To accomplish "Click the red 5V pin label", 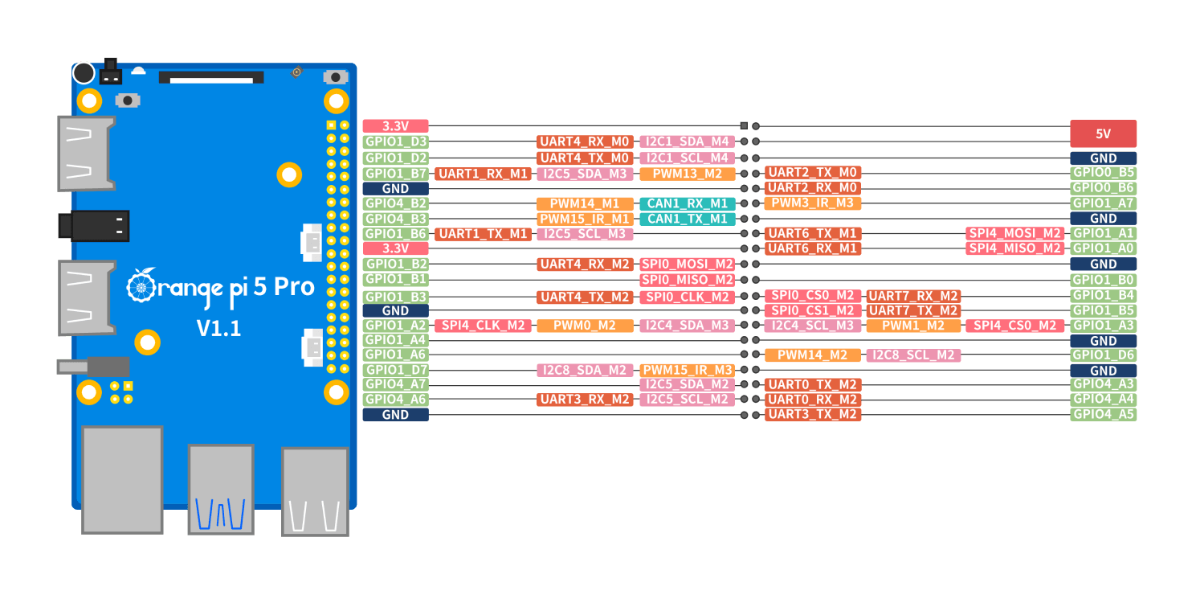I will pyautogui.click(x=1103, y=133).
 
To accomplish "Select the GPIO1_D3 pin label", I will pyautogui.click(x=395, y=142).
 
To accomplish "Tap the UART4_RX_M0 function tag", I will pyautogui.click(x=585, y=142).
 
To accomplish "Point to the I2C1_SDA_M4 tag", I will pyautogui.click(x=687, y=142).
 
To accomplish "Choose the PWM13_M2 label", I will pyautogui.click(x=687, y=174).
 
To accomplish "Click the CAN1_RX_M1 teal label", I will pyautogui.click(x=687, y=203).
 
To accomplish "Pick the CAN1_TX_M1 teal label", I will pyautogui.click(x=687, y=219).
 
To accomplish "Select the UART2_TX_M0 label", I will pyautogui.click(x=812, y=173).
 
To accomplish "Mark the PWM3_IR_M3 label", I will pyautogui.click(x=812, y=203).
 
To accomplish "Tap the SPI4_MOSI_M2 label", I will pyautogui.click(x=1014, y=233).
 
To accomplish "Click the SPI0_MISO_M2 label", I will pyautogui.click(x=687, y=280).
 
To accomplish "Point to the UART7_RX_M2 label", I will pyautogui.click(x=913, y=296).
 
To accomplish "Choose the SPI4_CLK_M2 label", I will pyautogui.click(x=483, y=326).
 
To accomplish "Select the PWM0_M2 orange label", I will pyautogui.click(x=585, y=326).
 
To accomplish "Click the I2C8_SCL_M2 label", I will pyautogui.click(x=913, y=355).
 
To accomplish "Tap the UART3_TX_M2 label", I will pyautogui.click(x=812, y=415).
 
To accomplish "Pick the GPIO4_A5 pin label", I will pyautogui.click(x=1103, y=415).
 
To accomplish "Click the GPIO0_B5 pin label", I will pyautogui.click(x=1103, y=173).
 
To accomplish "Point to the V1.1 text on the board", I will pyautogui.click(x=218, y=328).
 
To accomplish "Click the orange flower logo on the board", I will pyautogui.click(x=141, y=285).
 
